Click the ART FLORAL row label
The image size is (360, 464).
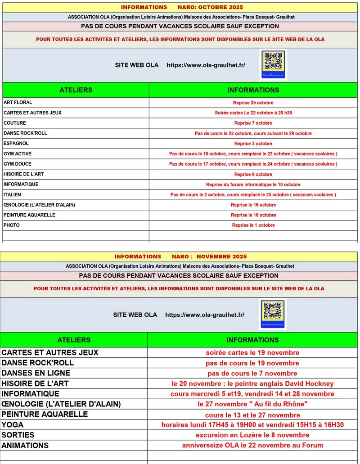(18, 103)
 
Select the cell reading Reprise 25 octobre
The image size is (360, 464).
(253, 103)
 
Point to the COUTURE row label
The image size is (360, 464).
(15, 123)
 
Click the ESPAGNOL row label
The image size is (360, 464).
(16, 144)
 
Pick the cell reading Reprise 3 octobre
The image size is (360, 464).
(253, 144)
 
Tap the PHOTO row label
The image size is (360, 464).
(12, 225)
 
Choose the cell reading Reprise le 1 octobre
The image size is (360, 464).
(253, 225)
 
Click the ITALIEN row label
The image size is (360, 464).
(12, 194)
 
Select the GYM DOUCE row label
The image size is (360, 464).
(18, 164)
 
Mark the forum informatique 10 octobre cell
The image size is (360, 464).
(253, 185)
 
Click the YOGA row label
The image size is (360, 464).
(13, 425)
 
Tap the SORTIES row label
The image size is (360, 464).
(18, 435)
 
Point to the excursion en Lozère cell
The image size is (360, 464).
(252, 435)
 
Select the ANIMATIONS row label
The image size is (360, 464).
(25, 446)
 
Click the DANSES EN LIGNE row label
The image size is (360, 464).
(36, 373)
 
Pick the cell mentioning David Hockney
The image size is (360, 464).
(252, 383)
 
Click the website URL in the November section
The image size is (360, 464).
(205, 315)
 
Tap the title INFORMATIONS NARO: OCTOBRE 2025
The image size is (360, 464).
(182, 7)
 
